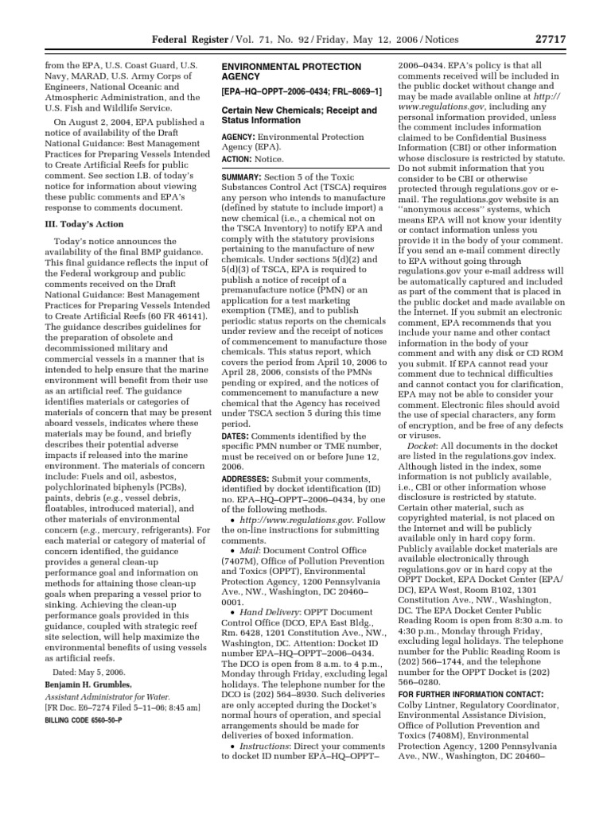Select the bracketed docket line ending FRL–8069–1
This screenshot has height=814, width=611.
(x=290, y=93)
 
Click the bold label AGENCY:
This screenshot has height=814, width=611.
(x=237, y=137)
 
